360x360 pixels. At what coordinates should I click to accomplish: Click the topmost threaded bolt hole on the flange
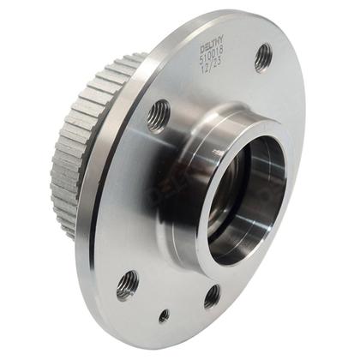pos(263,57)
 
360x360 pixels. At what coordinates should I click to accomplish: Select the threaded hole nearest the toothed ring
pos(158,114)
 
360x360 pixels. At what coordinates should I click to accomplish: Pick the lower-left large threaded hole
pos(127,284)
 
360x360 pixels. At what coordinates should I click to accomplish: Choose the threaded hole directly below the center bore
pos(212,296)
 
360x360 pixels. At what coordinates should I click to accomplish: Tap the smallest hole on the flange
pos(164,315)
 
